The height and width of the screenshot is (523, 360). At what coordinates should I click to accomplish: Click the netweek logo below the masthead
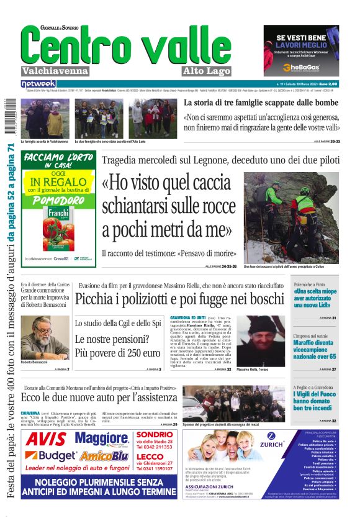tap(38, 84)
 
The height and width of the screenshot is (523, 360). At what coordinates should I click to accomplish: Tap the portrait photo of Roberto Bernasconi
tap(45, 337)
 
